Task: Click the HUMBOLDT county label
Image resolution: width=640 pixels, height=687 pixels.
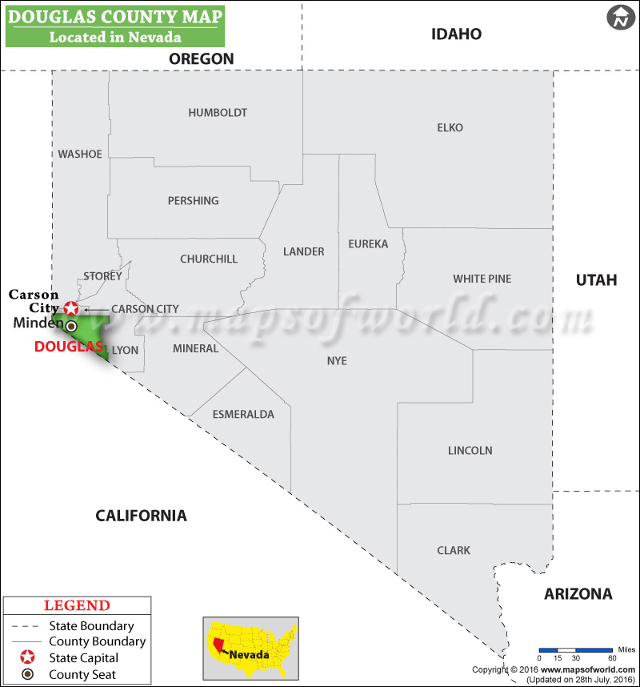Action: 218,113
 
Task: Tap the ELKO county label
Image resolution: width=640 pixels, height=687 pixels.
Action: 450,127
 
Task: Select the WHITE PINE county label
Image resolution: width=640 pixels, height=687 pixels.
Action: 482,279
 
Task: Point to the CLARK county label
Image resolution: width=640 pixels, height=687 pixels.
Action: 454,551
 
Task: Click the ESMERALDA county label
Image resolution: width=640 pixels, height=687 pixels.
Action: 243,414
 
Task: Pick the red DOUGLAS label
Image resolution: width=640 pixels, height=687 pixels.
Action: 69,347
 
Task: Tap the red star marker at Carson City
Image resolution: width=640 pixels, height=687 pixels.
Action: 72,308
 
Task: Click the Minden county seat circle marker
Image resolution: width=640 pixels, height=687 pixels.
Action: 71,326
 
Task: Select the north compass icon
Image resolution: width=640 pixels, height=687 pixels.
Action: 620,18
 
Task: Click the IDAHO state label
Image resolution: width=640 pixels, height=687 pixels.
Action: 456,34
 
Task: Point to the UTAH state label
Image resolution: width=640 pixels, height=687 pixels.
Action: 597,279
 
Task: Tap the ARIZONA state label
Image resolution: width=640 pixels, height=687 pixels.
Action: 578,593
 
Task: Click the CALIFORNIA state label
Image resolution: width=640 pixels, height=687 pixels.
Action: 141,516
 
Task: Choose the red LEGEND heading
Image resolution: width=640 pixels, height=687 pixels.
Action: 77,606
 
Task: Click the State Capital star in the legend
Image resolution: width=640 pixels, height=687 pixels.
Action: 28,658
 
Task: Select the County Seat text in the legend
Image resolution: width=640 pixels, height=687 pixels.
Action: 82,674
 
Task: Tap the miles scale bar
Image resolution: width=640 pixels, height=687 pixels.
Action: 574,649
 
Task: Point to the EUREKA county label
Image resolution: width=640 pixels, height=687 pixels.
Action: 368,243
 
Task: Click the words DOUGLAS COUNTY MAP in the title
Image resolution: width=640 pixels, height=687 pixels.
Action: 115,16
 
